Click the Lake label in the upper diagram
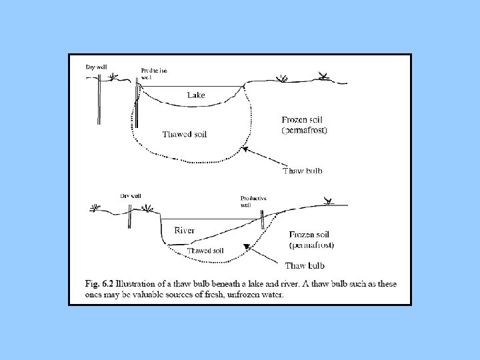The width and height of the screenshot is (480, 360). click(196, 95)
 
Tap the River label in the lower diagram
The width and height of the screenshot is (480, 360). click(185, 231)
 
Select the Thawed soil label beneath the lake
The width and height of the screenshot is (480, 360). click(185, 134)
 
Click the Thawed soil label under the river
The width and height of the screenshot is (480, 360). click(205, 251)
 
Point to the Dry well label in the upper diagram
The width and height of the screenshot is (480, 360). click(96, 67)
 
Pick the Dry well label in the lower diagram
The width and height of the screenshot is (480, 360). click(131, 196)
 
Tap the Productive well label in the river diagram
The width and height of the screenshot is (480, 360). click(253, 201)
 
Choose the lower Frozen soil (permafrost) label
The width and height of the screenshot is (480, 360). click(312, 239)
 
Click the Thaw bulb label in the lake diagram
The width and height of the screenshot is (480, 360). click(302, 171)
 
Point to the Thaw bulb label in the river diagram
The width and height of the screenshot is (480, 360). click(306, 265)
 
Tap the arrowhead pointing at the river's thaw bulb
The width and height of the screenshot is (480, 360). click(247, 247)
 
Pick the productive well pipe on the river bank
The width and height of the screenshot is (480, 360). click(263, 219)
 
